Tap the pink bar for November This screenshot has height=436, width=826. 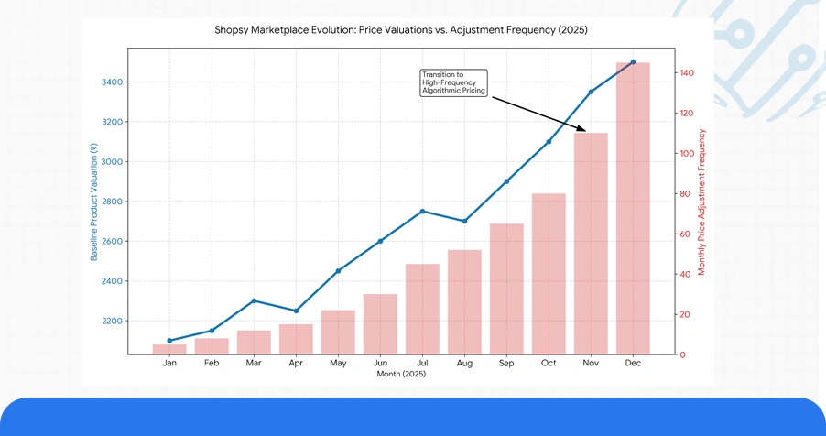[591, 244]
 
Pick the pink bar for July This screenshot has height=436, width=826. [422, 309]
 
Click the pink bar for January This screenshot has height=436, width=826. [169, 349]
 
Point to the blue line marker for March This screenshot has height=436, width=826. [254, 300]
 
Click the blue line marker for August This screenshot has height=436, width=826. [464, 221]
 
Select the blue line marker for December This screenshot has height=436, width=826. [633, 62]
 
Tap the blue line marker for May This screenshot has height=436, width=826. [338, 271]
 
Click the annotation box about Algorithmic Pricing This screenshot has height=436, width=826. [454, 82]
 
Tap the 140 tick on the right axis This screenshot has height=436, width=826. [688, 73]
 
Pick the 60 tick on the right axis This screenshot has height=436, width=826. [686, 234]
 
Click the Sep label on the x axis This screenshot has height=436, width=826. [506, 364]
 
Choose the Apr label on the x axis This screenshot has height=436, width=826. [296, 364]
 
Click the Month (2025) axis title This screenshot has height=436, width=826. [400, 375]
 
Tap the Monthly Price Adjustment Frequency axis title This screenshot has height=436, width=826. [702, 202]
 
